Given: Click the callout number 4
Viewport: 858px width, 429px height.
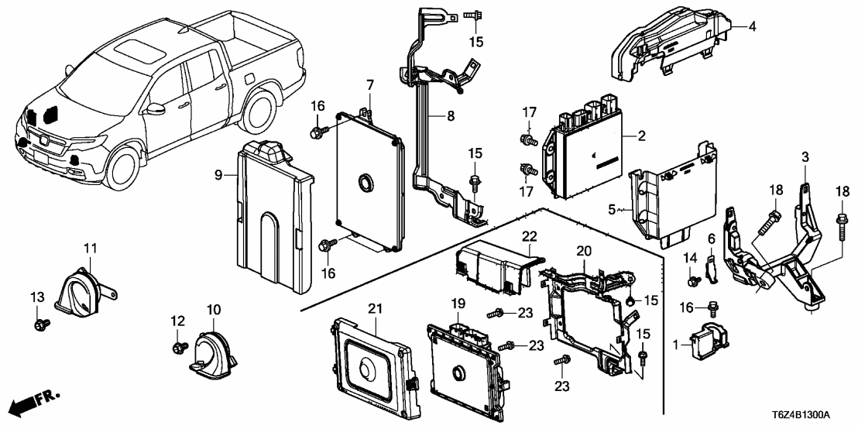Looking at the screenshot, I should (x=752, y=26).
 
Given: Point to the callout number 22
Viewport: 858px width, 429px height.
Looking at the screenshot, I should (x=528, y=236).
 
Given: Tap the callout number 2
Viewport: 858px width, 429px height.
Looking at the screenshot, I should (x=642, y=136).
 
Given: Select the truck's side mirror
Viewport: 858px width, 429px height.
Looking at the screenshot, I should (x=160, y=108).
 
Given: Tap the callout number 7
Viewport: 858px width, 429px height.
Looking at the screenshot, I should (x=370, y=84).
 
